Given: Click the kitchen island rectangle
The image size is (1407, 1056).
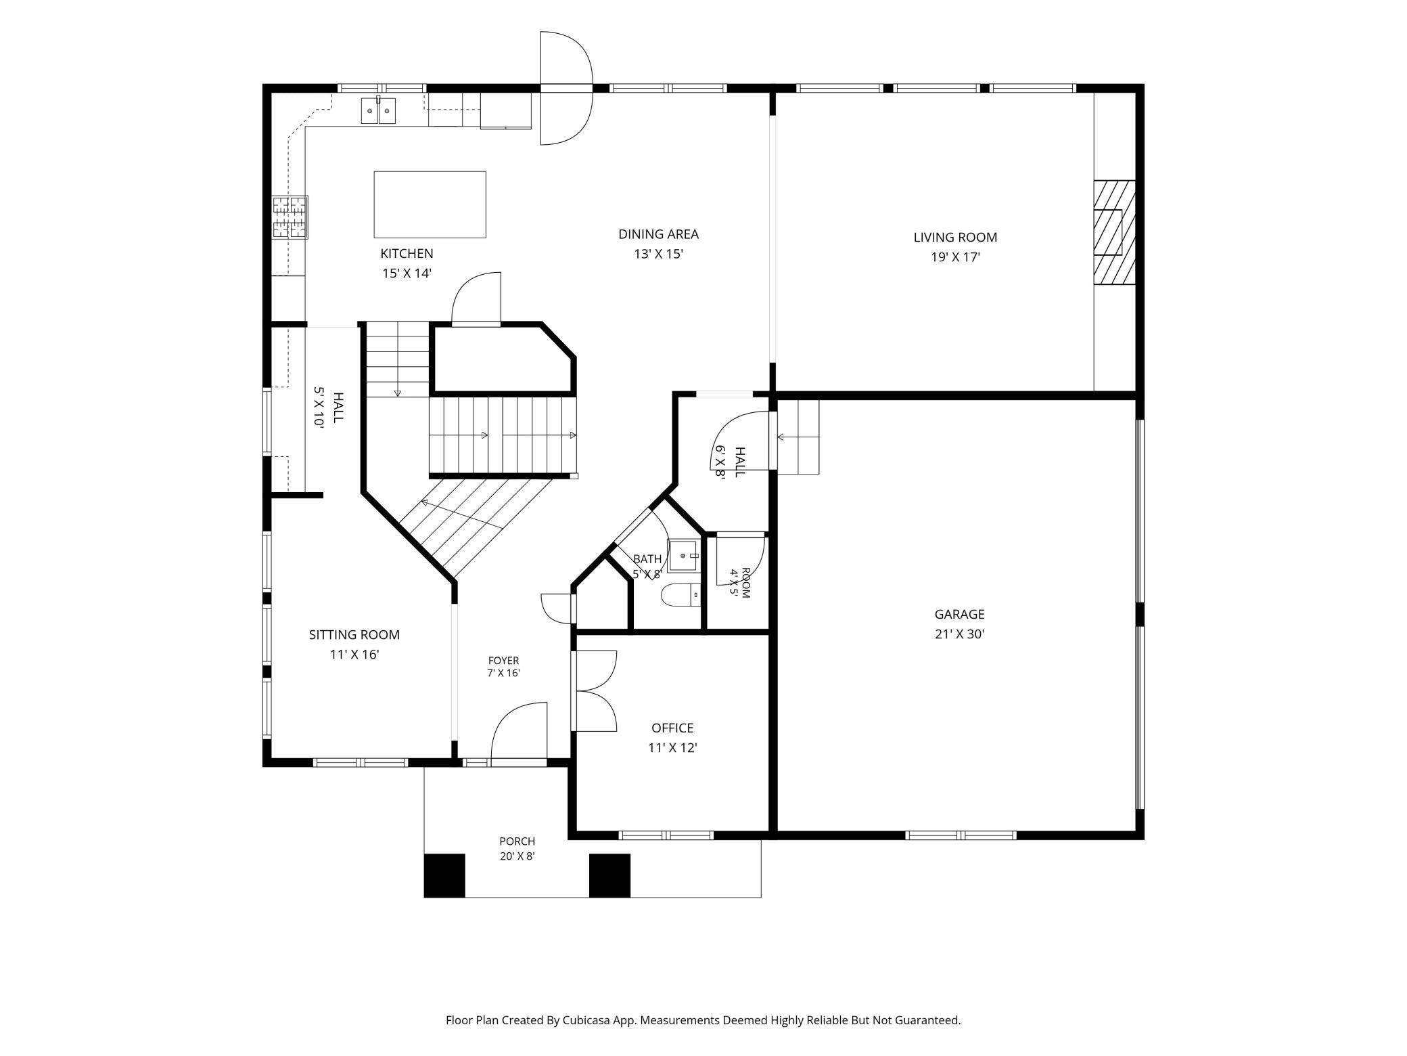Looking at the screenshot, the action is (x=430, y=204).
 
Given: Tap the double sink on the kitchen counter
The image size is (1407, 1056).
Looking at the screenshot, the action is (x=378, y=111).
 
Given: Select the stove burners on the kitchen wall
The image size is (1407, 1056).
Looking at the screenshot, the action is (x=290, y=217).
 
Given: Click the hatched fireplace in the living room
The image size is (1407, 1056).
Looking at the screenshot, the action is (x=1114, y=232).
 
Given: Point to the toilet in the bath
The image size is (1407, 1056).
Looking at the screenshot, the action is (x=680, y=595).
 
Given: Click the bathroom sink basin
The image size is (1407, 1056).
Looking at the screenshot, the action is (x=683, y=556).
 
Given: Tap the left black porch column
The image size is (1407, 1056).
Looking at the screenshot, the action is (x=444, y=875).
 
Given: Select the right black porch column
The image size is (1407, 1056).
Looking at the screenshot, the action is (x=609, y=875).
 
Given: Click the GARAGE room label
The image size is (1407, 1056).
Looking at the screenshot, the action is (x=959, y=614).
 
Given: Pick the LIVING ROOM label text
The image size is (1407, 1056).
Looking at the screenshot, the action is (x=955, y=237).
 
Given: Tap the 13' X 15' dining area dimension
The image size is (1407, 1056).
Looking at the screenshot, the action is (x=658, y=254).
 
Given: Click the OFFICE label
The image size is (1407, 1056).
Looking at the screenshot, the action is (x=672, y=728).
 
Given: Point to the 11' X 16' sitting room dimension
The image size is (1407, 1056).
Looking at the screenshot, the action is (x=354, y=655).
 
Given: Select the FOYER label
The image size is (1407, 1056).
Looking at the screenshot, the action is (x=503, y=661).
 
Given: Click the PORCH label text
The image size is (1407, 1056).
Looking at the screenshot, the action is (x=517, y=841).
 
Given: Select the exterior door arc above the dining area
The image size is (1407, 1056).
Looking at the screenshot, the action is (x=566, y=88).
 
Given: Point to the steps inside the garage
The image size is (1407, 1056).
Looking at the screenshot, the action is (x=798, y=437).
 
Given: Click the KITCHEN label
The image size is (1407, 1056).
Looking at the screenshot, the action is (x=407, y=253).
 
